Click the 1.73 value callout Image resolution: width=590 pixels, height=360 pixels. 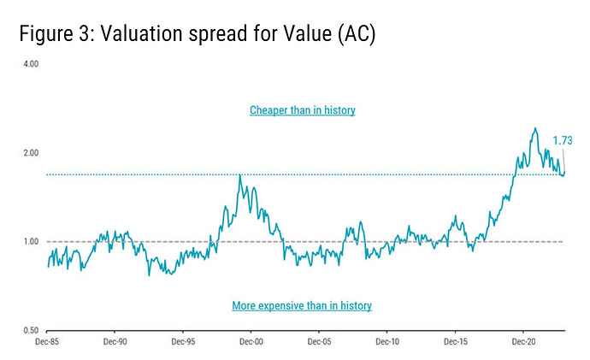point(562,140)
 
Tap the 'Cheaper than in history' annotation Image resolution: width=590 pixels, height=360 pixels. point(302,110)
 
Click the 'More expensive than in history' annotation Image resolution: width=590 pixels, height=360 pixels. point(302,305)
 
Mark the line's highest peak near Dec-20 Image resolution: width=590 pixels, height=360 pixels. point(535,128)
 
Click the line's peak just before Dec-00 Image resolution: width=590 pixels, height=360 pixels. point(239,174)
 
